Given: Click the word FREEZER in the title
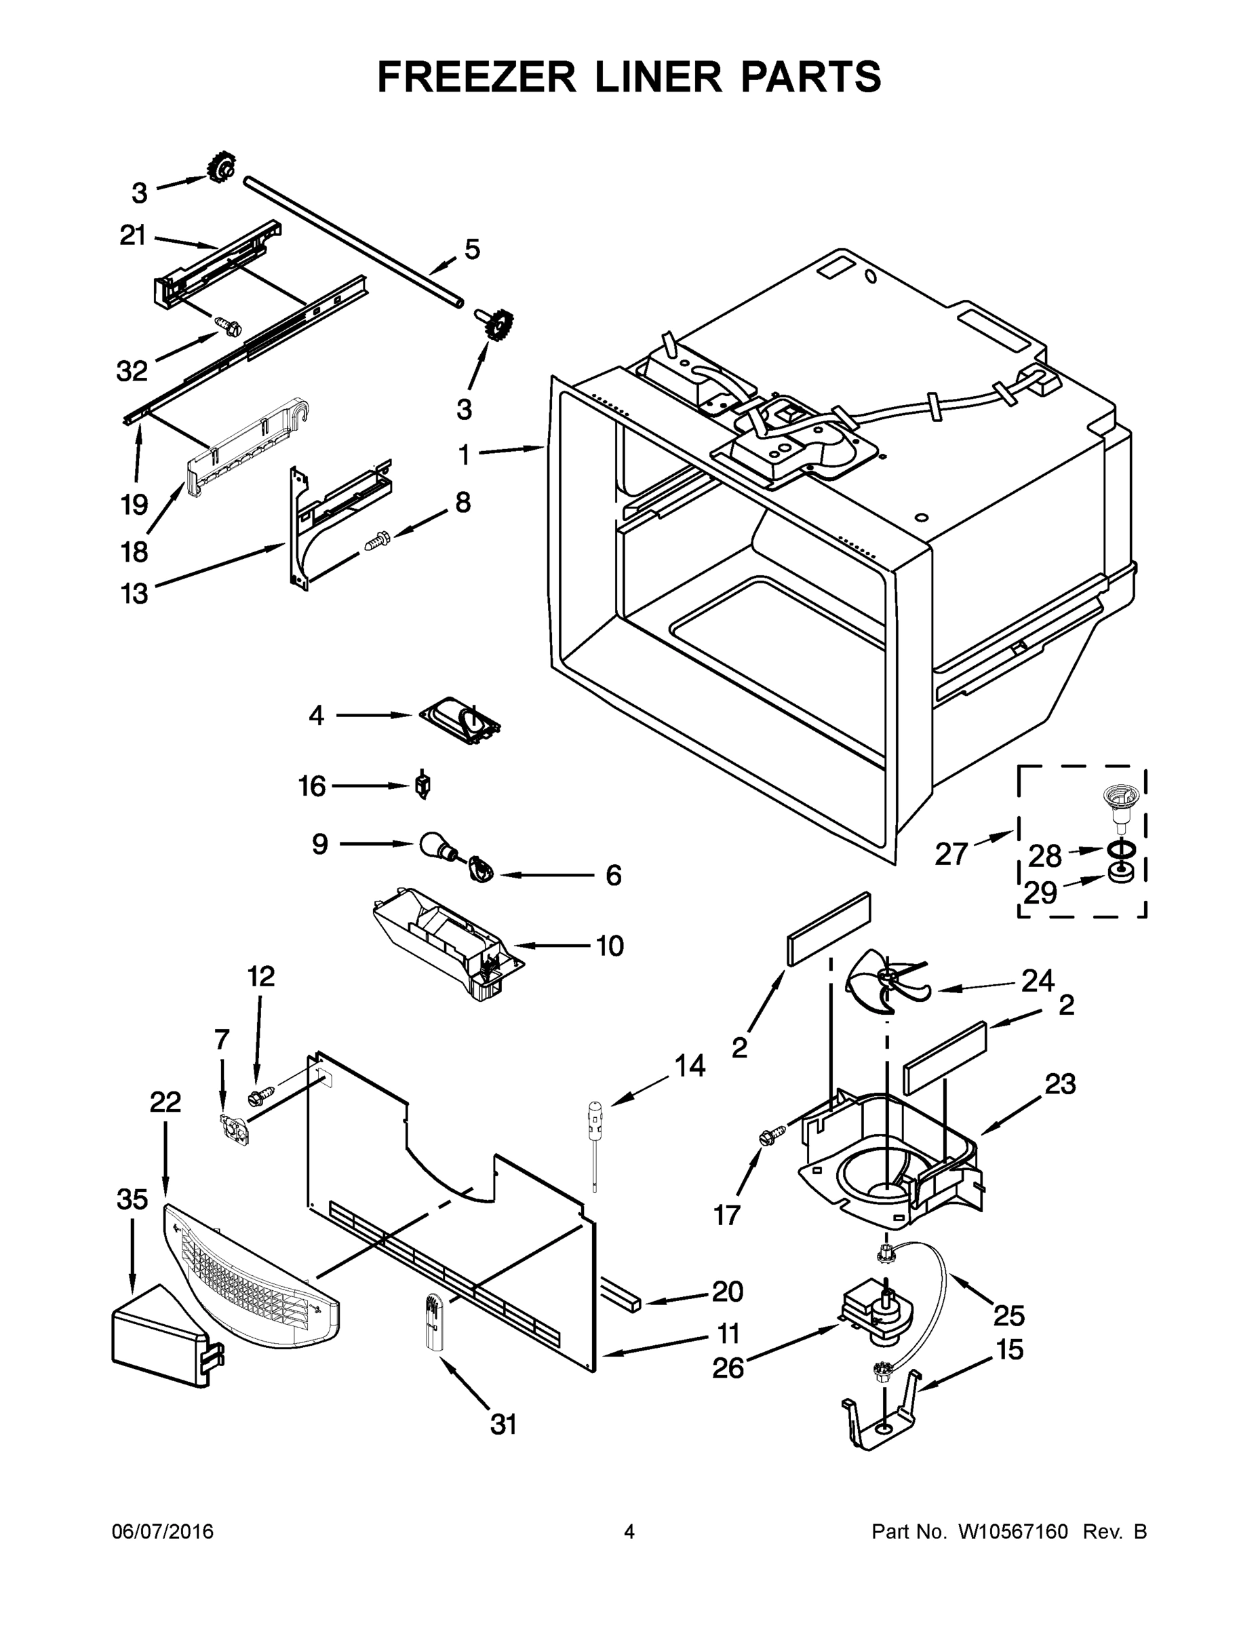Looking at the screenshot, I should coord(476,76).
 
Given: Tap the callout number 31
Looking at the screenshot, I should coord(504,1424).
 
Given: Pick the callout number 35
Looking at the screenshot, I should coord(132,1199).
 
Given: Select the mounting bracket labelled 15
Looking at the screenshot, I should coord(880,1420).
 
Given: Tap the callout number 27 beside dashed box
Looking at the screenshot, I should coord(951,853).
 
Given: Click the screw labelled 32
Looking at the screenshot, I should coord(226,325).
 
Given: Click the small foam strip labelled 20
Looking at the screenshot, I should coord(620,1295).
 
